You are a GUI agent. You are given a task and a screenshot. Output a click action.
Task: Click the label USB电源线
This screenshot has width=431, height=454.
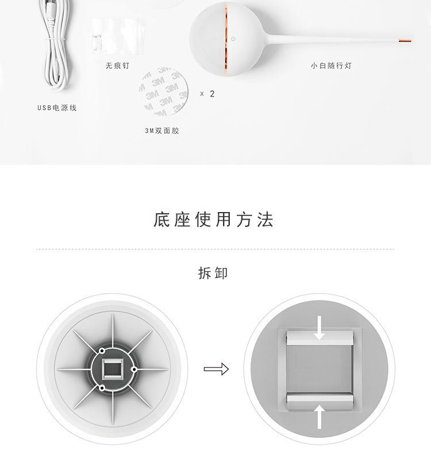[x=57, y=107]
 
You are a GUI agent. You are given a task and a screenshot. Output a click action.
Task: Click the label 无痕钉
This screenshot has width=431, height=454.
[x=117, y=66]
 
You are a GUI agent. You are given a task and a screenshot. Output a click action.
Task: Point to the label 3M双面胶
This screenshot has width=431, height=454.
[x=162, y=130]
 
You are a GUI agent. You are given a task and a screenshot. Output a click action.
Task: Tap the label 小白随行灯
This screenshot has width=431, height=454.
[x=331, y=66]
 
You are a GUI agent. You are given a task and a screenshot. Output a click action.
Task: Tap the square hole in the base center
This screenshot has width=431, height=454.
[x=112, y=368]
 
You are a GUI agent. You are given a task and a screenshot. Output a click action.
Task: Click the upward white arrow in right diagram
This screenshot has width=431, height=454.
[x=320, y=415]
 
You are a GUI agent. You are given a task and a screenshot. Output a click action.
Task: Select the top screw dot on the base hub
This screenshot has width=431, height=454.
[x=102, y=350]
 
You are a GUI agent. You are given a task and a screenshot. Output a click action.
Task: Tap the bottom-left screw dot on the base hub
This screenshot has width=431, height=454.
[x=102, y=388]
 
